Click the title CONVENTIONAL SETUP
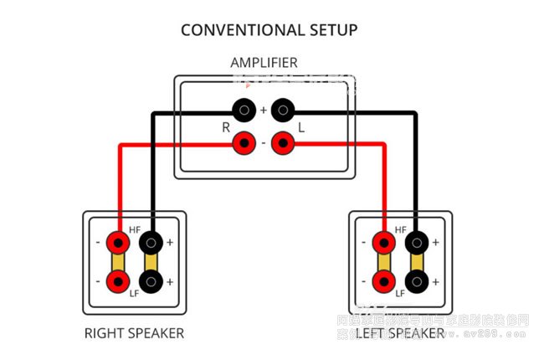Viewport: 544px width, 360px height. [269, 30]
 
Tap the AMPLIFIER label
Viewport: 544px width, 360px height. [264, 63]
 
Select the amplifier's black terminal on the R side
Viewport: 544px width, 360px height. [244, 109]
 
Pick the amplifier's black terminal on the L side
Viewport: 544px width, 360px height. [284, 109]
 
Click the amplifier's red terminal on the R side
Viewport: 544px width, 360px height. [244, 144]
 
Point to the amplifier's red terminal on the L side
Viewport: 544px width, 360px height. [284, 144]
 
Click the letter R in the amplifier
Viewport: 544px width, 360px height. [225, 128]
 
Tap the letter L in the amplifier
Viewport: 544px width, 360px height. [301, 128]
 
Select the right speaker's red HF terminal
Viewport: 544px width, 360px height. [117, 244]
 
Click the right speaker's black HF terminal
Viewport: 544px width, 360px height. [151, 244]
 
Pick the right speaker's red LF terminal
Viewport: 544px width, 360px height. [117, 281]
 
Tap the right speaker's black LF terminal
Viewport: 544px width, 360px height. [151, 281]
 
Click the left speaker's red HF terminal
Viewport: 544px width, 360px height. [383, 244]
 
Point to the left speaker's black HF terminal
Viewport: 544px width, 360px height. [416, 244]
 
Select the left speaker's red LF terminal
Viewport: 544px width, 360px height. [383, 281]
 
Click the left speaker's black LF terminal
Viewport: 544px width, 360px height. [416, 281]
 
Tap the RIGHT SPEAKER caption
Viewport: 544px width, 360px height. [134, 333]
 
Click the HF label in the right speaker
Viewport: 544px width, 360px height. [135, 229]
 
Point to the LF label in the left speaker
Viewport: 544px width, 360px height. [400, 295]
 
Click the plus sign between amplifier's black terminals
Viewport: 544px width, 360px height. [264, 110]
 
